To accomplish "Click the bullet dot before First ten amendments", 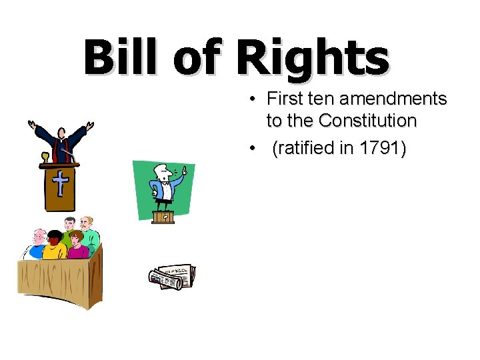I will pos(254,100).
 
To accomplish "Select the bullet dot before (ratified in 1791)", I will pos(254,149).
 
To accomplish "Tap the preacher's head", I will pos(61,131).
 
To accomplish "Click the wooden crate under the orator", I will pos(163,217).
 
